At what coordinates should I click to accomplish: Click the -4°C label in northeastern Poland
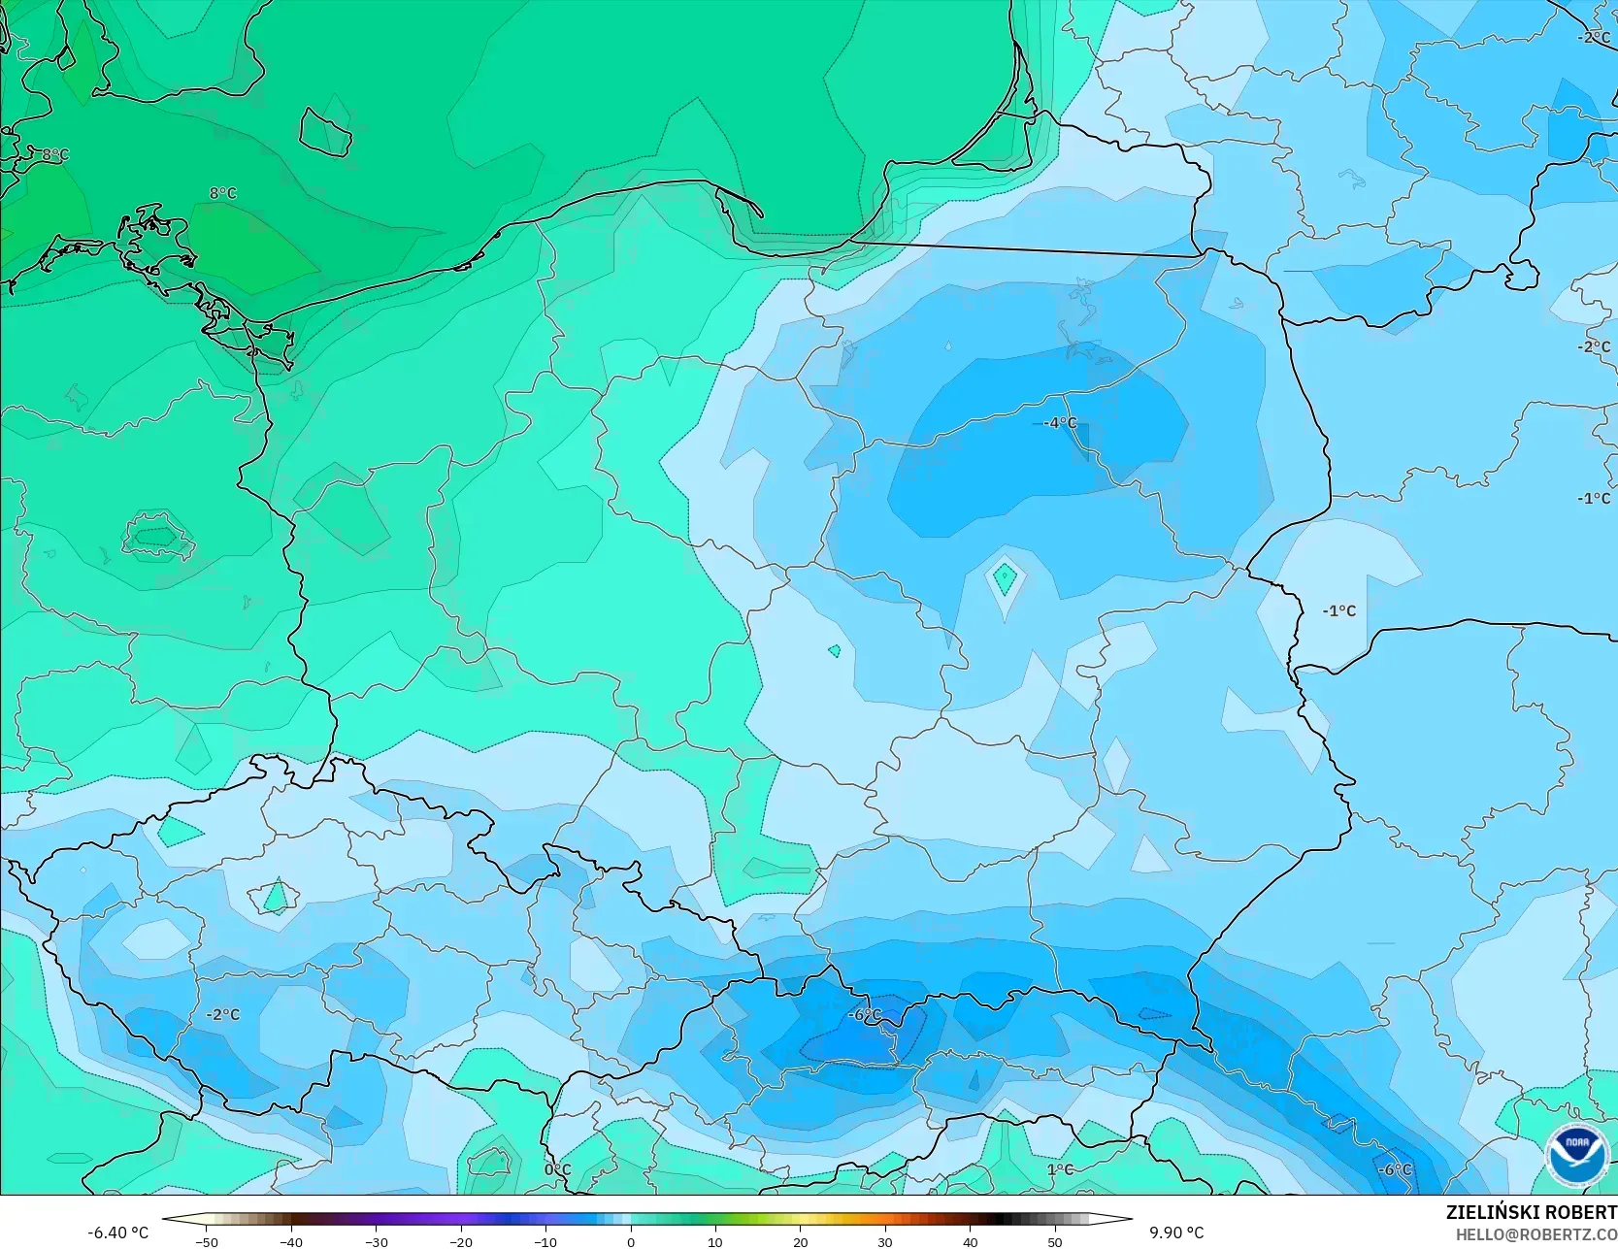(x=1060, y=423)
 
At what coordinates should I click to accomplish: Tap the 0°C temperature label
(x=557, y=1170)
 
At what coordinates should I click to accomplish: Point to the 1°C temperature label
(x=1060, y=1170)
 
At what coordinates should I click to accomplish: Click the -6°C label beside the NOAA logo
(x=1396, y=1170)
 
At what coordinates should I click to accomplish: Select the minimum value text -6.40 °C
(x=118, y=1233)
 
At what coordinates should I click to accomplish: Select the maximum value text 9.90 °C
(x=1176, y=1233)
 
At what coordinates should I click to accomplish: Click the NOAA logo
(x=1577, y=1156)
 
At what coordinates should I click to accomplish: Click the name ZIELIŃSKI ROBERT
(x=1531, y=1212)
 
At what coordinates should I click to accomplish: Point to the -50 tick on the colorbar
(x=206, y=1241)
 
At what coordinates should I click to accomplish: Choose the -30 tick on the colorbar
(x=376, y=1241)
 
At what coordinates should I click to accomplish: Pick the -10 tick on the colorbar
(x=545, y=1241)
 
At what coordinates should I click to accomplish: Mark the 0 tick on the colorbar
(x=631, y=1241)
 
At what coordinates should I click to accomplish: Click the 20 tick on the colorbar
(x=800, y=1241)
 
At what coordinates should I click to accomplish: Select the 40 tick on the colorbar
(x=970, y=1241)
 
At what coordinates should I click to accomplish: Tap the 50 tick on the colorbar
(x=1055, y=1241)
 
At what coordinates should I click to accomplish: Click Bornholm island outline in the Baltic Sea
(x=324, y=131)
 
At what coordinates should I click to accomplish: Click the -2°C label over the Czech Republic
(x=222, y=1015)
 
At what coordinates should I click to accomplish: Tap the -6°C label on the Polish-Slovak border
(x=864, y=1015)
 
